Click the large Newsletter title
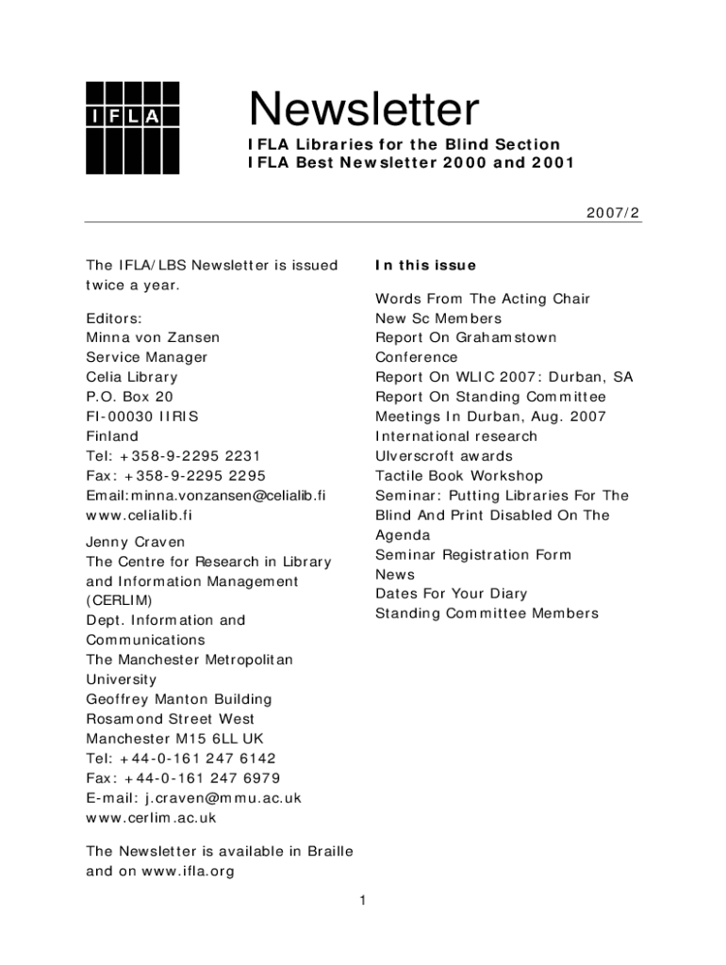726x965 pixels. [364, 110]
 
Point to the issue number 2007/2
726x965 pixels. [613, 213]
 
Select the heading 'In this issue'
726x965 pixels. [425, 266]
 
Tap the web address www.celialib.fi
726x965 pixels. [139, 515]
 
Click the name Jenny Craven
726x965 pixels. [136, 542]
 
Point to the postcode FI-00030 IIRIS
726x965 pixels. [142, 417]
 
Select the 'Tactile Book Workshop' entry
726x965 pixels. [459, 476]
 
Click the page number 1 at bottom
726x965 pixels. [362, 901]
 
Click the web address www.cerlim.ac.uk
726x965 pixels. [151, 818]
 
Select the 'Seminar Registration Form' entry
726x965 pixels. [473, 555]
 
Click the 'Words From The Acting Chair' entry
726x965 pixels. [482, 299]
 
